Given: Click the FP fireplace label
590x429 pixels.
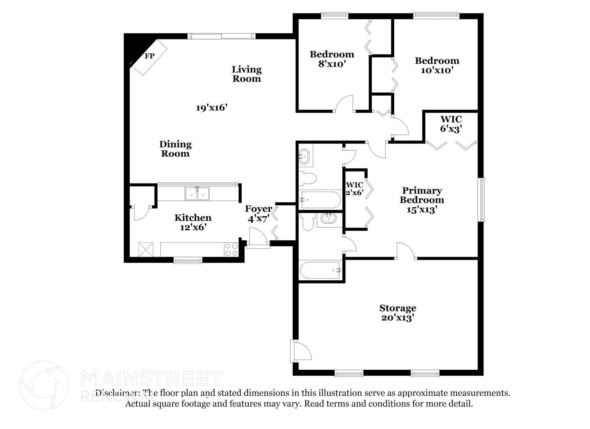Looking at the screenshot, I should point(149,56).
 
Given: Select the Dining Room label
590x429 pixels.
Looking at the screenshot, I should point(175,149).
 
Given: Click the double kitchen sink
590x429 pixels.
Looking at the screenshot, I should point(197,193).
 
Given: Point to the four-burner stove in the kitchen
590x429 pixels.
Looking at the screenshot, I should point(231,250).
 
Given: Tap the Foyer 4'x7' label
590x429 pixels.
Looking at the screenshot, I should point(258,213).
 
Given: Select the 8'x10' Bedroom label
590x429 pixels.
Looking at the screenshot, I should point(332,59).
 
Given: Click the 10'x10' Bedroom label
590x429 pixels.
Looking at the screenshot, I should point(437,65).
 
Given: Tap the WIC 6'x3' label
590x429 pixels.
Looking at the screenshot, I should point(451,124).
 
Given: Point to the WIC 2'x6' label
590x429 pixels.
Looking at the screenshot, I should point(354,188).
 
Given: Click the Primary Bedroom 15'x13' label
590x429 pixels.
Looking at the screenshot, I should point(422,200).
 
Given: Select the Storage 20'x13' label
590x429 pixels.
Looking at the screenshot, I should point(398,313).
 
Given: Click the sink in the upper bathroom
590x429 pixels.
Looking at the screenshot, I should point(304,157).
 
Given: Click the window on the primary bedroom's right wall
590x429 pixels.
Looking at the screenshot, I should point(481,200).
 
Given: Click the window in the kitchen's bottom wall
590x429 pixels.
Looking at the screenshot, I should point(188,261).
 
